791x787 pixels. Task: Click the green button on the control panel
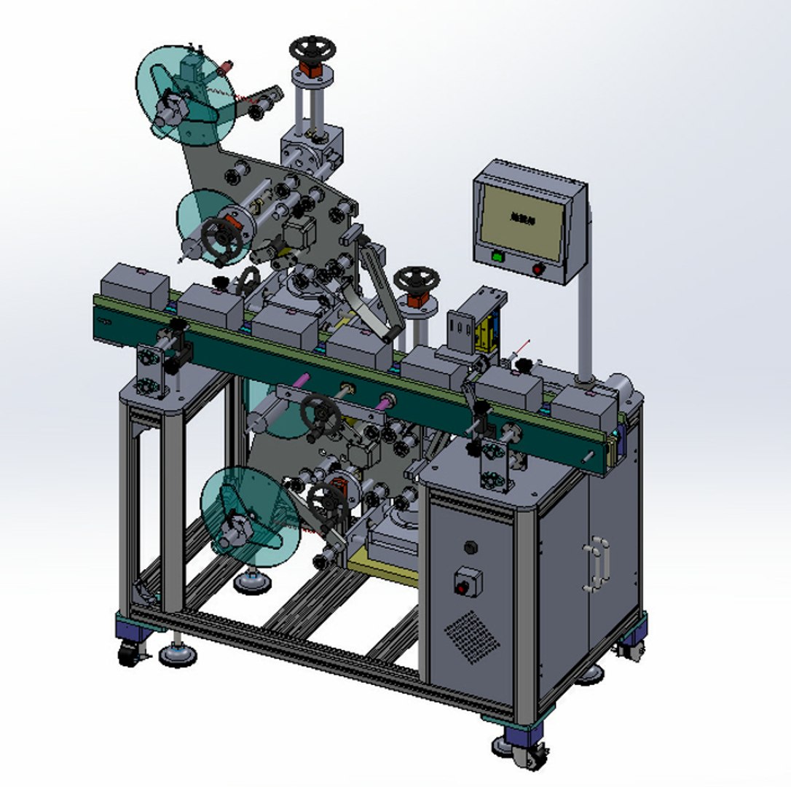[497, 256]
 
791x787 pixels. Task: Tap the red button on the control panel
[538, 270]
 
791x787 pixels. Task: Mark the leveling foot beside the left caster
[178, 654]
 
